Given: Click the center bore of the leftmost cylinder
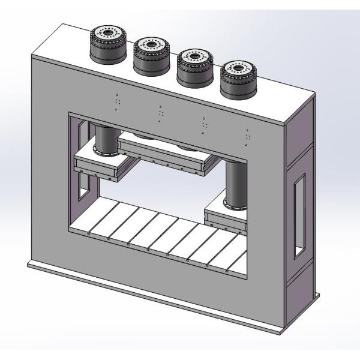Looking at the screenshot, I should pos(109,32).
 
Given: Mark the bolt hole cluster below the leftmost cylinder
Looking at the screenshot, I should pos(116,103).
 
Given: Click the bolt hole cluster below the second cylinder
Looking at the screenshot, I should pos(160,113).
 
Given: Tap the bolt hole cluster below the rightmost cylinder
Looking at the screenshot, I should pos(248,137).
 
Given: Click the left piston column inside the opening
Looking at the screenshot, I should pos(104,137).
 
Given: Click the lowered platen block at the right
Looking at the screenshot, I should pos(227,217).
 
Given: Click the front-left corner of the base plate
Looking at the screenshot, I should pos(28,265).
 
